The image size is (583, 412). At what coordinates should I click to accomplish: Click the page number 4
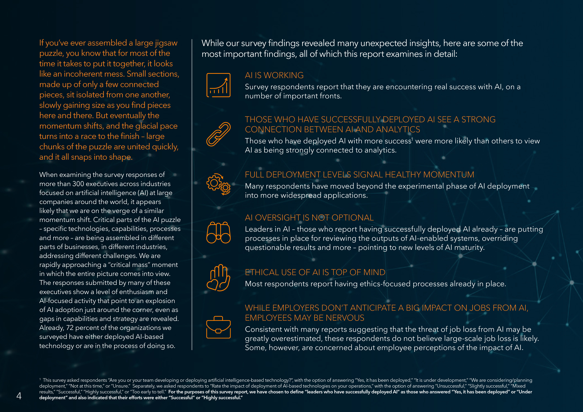(19, 396)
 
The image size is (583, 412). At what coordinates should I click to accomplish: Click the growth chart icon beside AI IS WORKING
(218, 85)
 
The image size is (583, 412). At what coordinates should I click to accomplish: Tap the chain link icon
(218, 134)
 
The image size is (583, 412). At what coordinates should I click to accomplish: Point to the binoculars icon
(218, 233)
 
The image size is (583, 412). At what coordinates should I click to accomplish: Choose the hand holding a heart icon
(218, 278)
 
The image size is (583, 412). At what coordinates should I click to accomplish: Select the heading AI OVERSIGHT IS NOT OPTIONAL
(309, 218)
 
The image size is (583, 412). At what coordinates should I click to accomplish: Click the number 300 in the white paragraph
(78, 184)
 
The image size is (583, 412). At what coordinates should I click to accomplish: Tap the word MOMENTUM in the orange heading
(448, 175)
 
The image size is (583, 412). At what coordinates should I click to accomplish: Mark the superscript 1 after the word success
(412, 139)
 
